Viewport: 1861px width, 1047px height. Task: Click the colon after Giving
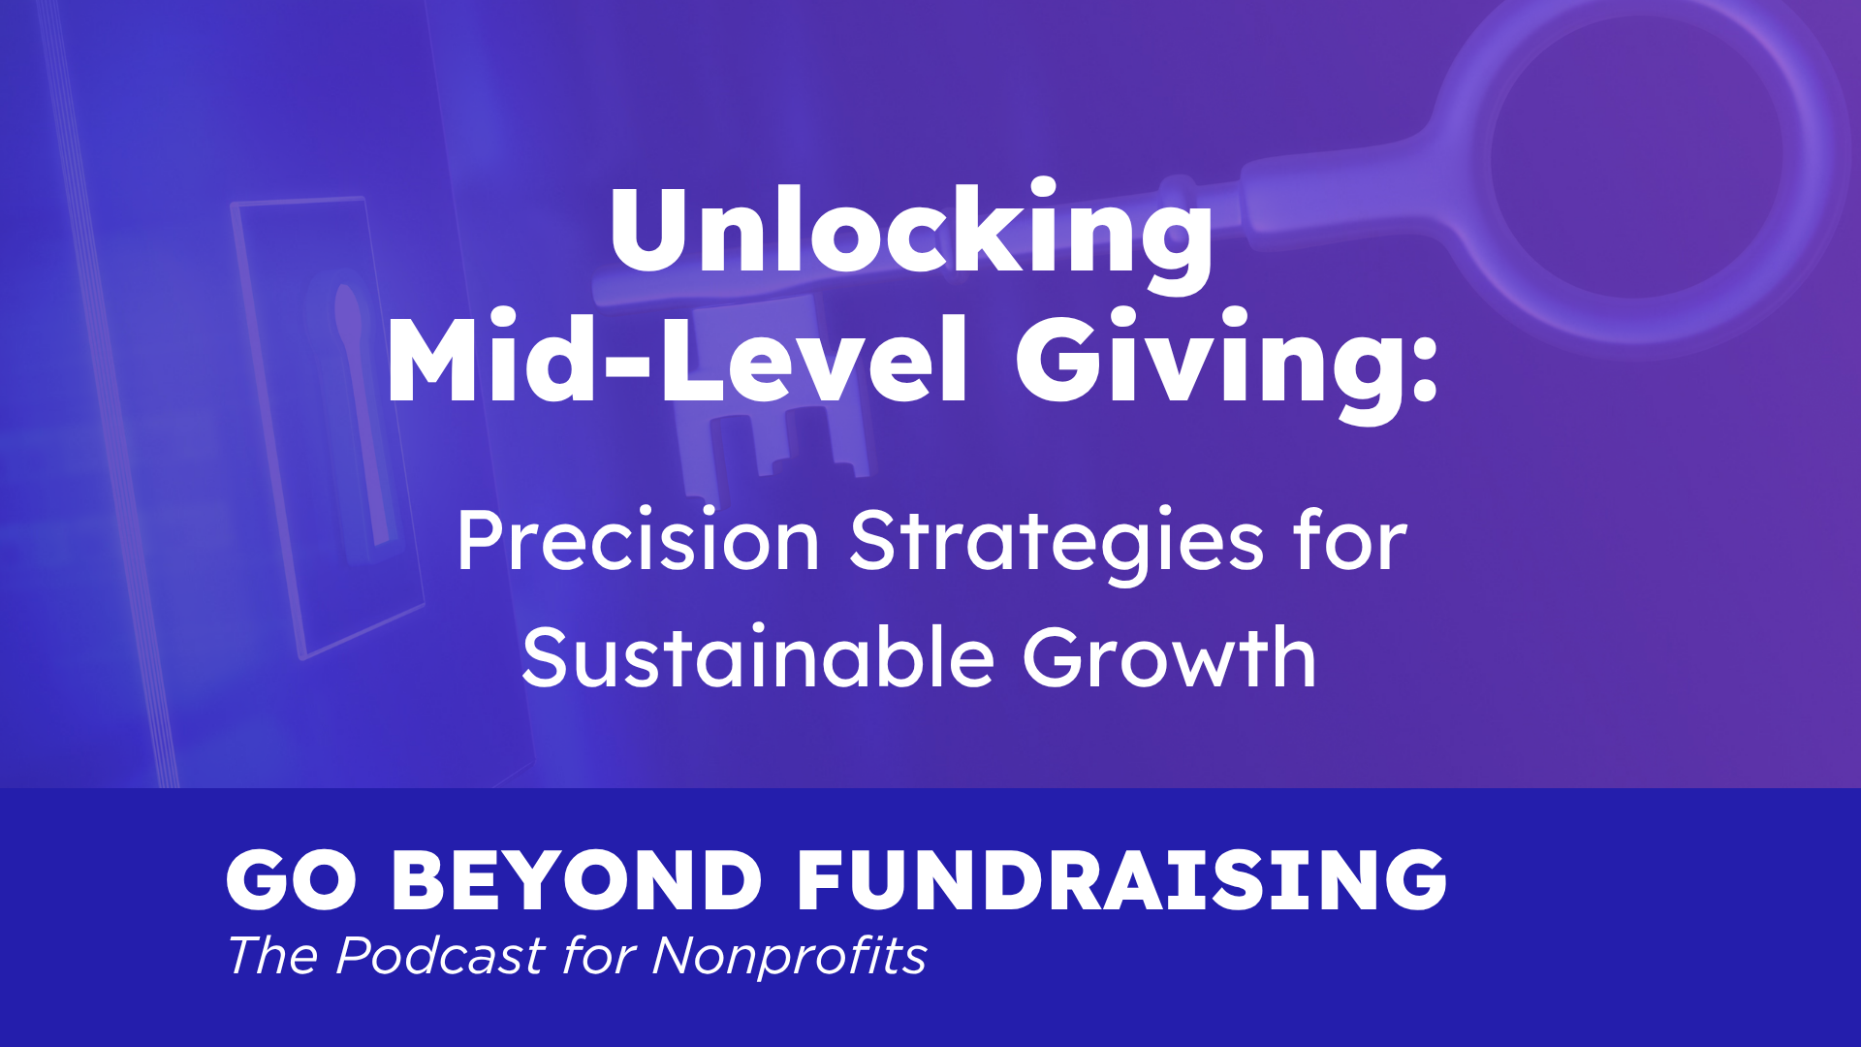coord(1424,369)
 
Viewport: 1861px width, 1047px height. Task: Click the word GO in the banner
coord(292,880)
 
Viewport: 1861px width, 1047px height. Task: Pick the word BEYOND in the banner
coord(577,880)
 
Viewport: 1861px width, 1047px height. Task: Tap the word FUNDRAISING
coord(1121,880)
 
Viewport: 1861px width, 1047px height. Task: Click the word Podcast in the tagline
coord(440,956)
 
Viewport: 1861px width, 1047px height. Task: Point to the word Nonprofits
coord(789,956)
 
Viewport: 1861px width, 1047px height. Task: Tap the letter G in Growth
coord(1057,656)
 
